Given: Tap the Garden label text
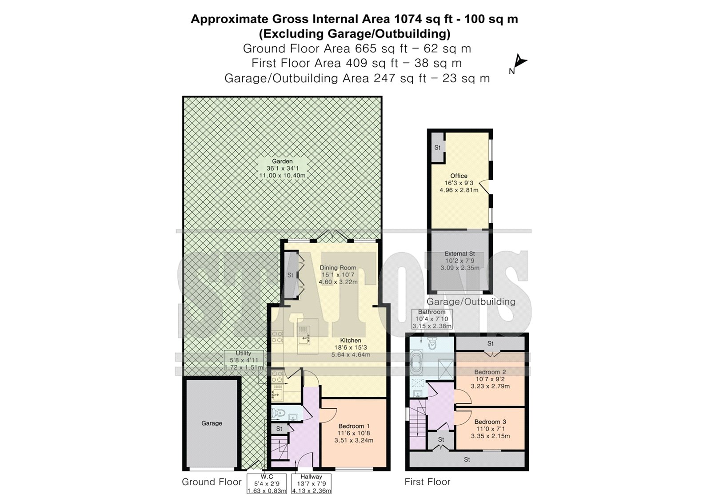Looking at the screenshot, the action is [x=282, y=161].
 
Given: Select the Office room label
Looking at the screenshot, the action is [x=459, y=176].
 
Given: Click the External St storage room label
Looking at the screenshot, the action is [x=459, y=254].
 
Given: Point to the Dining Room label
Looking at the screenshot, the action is [x=338, y=268].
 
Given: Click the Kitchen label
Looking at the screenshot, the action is [x=351, y=340].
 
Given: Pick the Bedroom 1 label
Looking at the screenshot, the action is [x=354, y=426].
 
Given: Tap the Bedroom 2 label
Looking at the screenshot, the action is [x=490, y=372].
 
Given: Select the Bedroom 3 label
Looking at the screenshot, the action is [x=490, y=422].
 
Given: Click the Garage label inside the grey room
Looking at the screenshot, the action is [x=212, y=423].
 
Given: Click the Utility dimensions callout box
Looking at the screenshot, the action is [x=244, y=360].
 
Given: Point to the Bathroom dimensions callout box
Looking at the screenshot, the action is [x=431, y=319].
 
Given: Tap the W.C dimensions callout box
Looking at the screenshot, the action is [x=267, y=483].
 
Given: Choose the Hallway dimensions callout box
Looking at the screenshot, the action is [x=312, y=483].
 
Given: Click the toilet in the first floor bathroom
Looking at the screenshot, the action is [x=432, y=344].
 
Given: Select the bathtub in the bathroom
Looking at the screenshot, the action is [x=416, y=362].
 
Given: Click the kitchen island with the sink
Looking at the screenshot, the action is [x=308, y=336].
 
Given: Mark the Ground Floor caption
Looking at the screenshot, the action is [x=212, y=482].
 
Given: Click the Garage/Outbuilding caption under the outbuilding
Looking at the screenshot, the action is [x=471, y=302].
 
